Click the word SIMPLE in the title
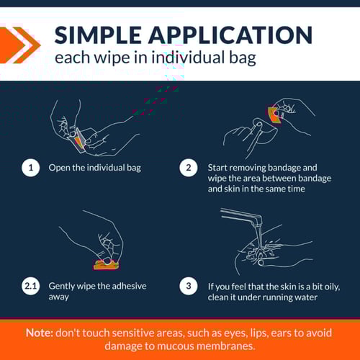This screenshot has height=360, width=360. click(x=98, y=35)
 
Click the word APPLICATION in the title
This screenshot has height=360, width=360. click(x=230, y=35)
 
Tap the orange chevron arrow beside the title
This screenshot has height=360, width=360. click(x=19, y=45)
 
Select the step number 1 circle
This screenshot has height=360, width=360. click(x=31, y=168)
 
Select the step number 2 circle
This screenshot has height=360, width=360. click(x=189, y=168)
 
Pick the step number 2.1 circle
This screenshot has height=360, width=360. click(x=31, y=286)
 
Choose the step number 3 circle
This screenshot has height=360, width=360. click(x=189, y=286)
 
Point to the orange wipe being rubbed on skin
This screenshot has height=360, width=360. click(x=107, y=265)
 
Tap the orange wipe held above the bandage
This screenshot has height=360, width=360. click(x=275, y=115)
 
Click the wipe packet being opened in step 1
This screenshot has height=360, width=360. click(x=79, y=140)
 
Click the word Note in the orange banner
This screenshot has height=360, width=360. click(x=40, y=333)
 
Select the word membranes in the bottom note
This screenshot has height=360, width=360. click(x=225, y=346)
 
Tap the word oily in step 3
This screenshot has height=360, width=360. click(x=332, y=287)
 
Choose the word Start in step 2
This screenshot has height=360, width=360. click(x=218, y=168)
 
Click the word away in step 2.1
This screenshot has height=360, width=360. click(x=59, y=297)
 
